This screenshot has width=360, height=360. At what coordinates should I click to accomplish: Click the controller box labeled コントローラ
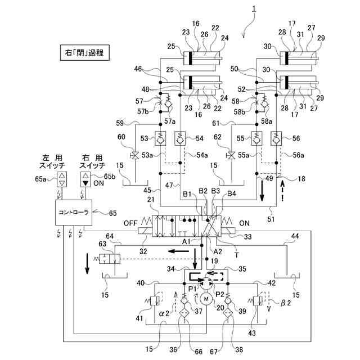[x=74, y=213]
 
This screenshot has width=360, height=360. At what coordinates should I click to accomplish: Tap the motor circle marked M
[x=206, y=299]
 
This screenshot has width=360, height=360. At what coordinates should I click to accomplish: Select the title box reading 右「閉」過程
[x=85, y=53]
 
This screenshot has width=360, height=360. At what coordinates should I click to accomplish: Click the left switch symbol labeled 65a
[x=62, y=179]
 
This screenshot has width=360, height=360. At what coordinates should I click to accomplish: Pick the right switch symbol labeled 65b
[x=85, y=179]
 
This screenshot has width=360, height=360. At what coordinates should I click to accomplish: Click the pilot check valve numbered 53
[x=160, y=138]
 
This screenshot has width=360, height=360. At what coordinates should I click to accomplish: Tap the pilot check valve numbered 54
[x=180, y=138]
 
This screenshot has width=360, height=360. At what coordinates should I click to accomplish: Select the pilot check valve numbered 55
[x=256, y=138]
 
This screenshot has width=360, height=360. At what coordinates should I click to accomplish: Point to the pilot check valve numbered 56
[x=276, y=138]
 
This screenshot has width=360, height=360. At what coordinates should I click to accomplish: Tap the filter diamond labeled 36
[x=184, y=313]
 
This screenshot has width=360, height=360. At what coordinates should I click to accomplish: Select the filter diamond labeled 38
[x=228, y=313]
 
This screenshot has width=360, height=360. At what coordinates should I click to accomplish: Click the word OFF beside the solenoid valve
[x=130, y=223]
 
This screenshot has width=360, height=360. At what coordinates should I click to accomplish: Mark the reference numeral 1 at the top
[x=254, y=9]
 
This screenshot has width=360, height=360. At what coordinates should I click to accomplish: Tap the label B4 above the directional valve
[x=231, y=194]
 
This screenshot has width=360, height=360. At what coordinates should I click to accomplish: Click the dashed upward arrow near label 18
[x=282, y=191]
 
